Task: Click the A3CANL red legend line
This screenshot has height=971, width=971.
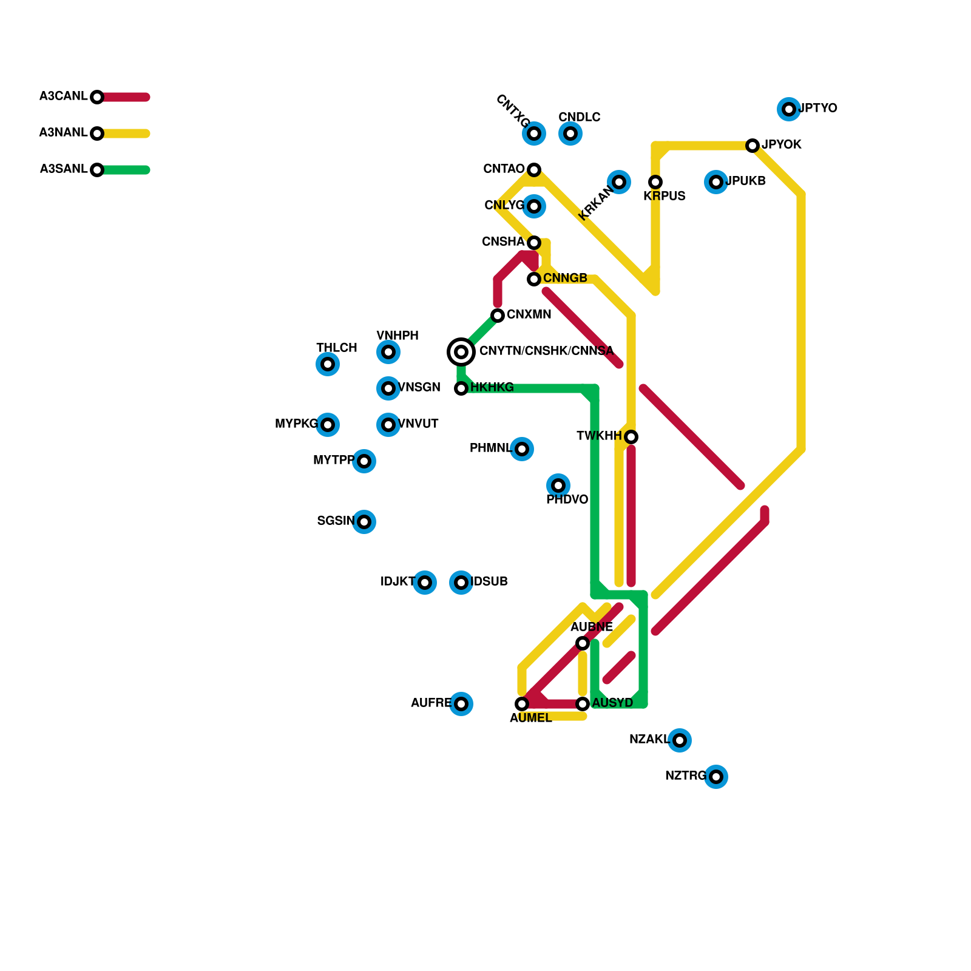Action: click(x=124, y=97)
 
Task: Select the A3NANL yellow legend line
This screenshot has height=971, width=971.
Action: click(x=124, y=134)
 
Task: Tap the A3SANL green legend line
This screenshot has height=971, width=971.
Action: click(x=124, y=170)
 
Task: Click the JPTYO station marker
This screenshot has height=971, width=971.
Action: click(x=788, y=109)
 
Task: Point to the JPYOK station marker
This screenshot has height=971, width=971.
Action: click(x=753, y=146)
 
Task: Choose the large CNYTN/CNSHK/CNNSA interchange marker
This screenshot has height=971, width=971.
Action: click(x=461, y=352)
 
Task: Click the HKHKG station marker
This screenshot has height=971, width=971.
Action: click(x=461, y=388)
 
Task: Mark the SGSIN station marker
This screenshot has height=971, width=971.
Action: click(x=364, y=522)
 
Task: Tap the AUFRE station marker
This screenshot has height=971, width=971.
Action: click(x=461, y=704)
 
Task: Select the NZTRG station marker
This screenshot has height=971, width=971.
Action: click(x=716, y=777)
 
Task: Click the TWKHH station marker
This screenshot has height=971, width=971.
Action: click(x=631, y=437)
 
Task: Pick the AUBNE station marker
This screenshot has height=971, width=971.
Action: click(x=583, y=643)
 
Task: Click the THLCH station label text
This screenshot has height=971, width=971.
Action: click(x=337, y=348)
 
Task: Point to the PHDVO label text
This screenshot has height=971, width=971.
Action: click(x=567, y=499)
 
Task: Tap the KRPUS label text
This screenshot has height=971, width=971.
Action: click(x=665, y=196)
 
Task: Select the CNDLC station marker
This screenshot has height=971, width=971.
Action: click(x=570, y=134)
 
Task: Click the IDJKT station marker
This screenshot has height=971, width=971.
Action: click(x=425, y=583)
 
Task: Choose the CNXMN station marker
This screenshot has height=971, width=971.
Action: click(x=498, y=316)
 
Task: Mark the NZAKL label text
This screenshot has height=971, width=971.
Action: click(x=649, y=739)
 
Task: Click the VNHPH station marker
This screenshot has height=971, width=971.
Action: click(x=388, y=352)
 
